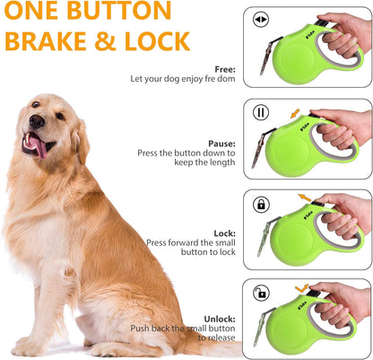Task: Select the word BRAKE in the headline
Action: click(x=48, y=41)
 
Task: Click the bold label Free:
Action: click(x=225, y=69)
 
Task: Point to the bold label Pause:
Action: click(x=221, y=142)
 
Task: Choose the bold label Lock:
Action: click(x=224, y=233)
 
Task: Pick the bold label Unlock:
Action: click(x=219, y=318)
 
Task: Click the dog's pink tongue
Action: click(x=39, y=147)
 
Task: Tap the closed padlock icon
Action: click(x=262, y=204)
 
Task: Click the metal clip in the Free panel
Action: click(x=265, y=57)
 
